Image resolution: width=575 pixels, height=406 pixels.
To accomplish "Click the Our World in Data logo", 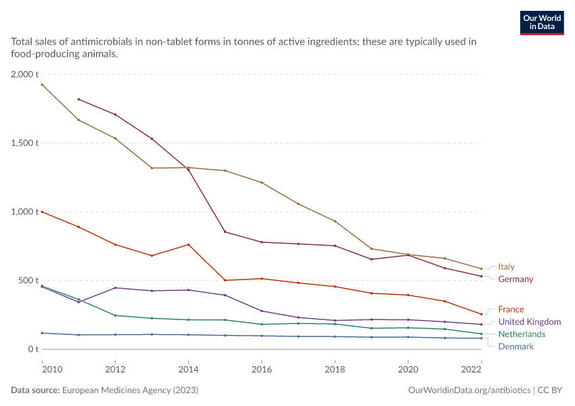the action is [542, 23].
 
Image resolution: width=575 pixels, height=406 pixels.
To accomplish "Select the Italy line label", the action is [506, 267].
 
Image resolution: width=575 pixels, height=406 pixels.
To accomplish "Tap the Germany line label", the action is [515, 279].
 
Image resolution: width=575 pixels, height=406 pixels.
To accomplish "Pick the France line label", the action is [511, 309].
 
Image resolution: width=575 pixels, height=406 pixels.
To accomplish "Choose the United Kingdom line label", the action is [530, 321].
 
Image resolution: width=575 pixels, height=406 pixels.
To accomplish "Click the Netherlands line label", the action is [522, 334].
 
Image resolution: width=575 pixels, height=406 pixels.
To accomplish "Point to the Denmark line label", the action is [515, 346].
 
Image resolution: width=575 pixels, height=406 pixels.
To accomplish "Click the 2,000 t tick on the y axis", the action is [24, 74].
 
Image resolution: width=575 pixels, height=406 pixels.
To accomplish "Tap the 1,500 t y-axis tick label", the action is [24, 143].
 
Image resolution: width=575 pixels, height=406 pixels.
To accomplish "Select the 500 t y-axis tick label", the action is [28, 281].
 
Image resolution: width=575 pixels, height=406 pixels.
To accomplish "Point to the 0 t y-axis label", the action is [33, 349].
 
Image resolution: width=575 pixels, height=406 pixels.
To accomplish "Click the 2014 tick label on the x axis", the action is [189, 369].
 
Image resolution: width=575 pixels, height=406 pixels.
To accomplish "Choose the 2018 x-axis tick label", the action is [335, 369].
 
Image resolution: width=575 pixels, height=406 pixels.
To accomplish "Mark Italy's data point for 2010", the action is [42, 85].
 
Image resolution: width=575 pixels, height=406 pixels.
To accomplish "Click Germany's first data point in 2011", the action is [79, 99].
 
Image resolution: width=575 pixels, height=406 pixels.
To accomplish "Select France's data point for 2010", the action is [42, 212].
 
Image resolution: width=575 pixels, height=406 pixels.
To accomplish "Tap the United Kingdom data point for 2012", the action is [116, 288].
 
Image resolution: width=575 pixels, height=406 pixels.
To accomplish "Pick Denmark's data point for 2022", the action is [482, 338].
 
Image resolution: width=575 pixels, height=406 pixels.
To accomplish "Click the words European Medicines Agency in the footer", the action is [116, 390].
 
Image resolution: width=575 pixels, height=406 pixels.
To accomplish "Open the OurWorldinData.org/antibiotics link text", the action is [469, 390].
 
